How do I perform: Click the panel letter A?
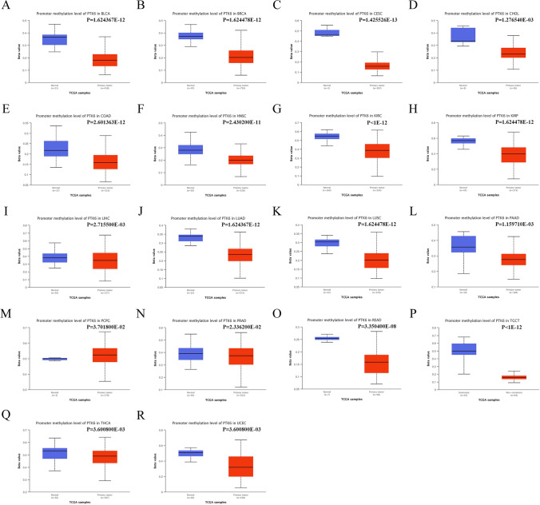point(6,7)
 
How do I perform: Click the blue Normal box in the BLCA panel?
point(54,38)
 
